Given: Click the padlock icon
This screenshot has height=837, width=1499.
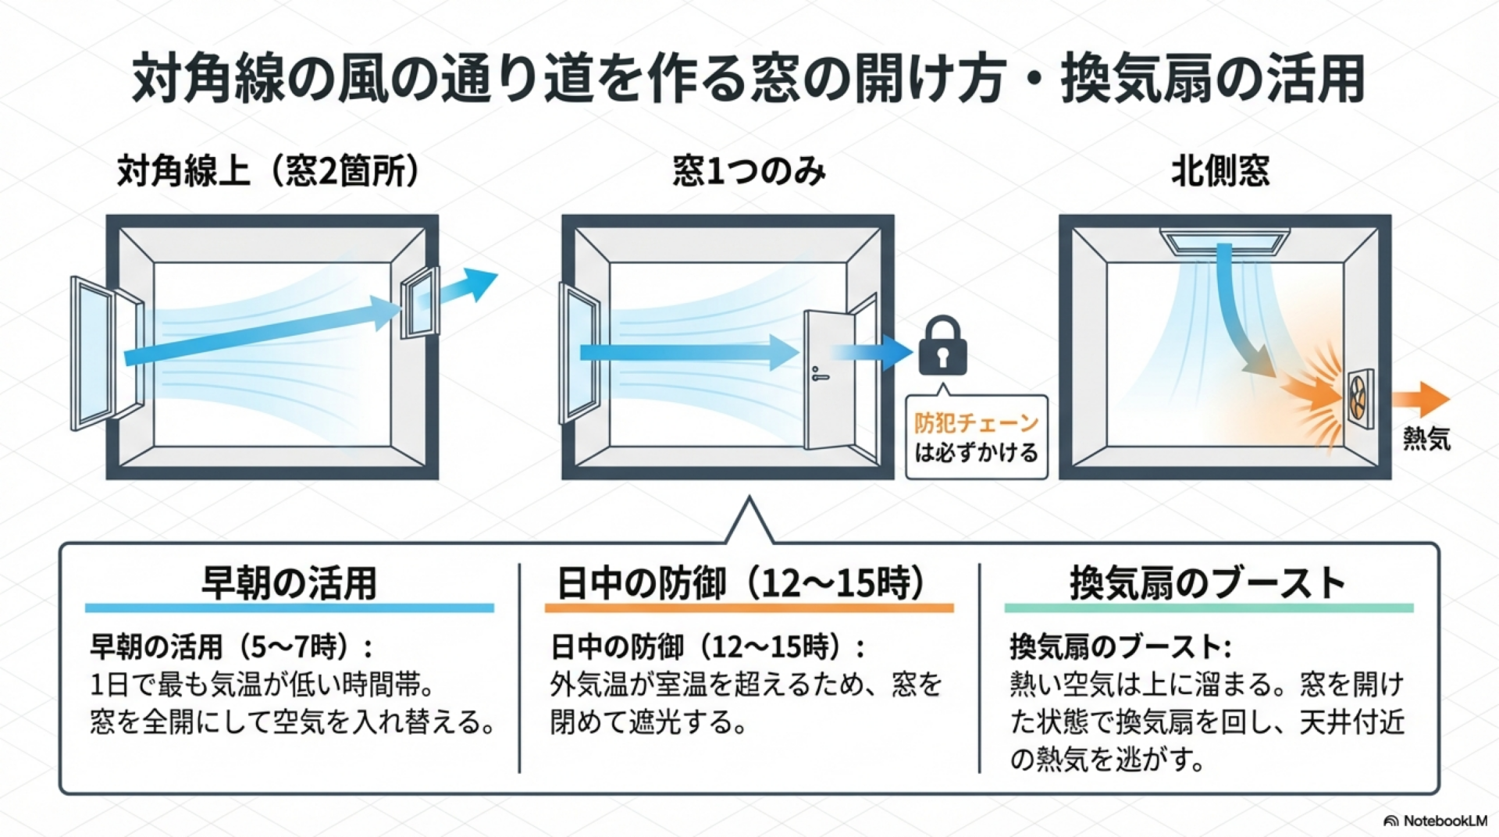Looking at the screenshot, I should click(943, 347).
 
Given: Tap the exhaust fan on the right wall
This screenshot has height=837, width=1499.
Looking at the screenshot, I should click(1359, 399).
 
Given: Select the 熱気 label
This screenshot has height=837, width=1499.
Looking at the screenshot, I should click(1426, 439).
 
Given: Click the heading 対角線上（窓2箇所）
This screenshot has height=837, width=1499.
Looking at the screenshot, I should click(268, 171).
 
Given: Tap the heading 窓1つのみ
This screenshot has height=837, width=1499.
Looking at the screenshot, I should click(749, 171).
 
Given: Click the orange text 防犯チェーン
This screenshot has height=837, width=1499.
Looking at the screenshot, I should click(976, 422).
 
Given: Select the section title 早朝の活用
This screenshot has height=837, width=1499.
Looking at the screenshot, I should click(289, 582).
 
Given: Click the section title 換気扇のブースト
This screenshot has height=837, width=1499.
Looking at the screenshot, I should click(1208, 582).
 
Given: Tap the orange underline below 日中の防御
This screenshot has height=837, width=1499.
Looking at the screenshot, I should click(749, 607).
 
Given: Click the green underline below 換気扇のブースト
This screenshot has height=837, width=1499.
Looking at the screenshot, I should click(1209, 607).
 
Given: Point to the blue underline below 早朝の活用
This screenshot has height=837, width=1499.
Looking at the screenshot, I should click(289, 607).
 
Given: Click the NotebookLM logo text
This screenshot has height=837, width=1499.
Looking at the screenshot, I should click(1444, 821).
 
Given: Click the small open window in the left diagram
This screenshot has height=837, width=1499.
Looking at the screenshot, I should click(419, 302).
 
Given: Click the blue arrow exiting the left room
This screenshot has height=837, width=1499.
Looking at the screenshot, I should click(468, 287).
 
